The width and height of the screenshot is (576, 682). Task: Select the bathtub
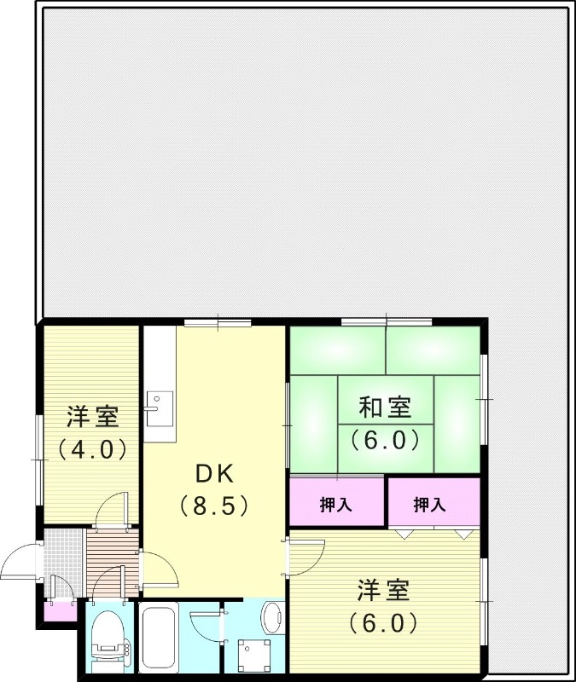point(158,637)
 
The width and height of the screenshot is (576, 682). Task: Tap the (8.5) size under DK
point(213,506)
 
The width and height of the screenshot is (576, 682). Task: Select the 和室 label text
point(385,407)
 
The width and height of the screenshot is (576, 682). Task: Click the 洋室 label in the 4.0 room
point(92,418)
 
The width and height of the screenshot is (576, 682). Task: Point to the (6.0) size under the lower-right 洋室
point(384,622)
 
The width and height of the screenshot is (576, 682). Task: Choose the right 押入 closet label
point(430,505)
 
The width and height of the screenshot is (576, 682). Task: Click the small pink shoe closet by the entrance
point(60,611)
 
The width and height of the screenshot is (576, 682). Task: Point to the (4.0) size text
point(92,448)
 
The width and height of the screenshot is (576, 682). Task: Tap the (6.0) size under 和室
point(385,440)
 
